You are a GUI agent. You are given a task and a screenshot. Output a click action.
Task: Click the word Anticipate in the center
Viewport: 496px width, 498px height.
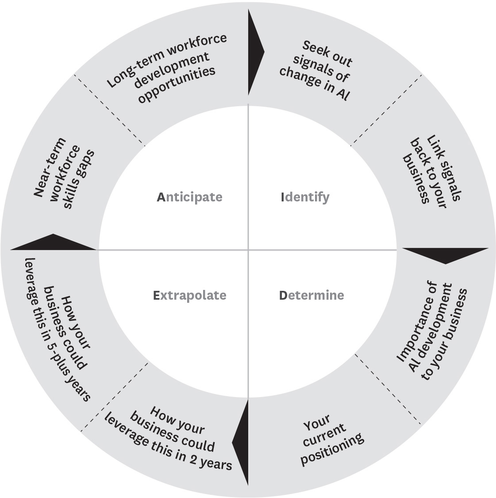click(x=189, y=197)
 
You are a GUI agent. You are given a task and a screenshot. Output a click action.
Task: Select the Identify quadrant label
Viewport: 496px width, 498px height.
click(x=305, y=197)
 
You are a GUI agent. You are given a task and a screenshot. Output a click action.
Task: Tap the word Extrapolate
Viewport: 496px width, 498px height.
click(x=189, y=295)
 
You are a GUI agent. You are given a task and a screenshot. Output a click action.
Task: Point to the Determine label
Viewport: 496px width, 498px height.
click(x=311, y=295)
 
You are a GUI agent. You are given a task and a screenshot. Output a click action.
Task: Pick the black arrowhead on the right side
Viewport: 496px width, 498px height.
click(x=445, y=255)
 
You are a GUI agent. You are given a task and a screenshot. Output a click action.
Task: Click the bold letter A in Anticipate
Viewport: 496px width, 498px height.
click(x=161, y=197)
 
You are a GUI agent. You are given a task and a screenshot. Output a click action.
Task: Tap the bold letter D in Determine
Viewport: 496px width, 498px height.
click(x=283, y=295)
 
